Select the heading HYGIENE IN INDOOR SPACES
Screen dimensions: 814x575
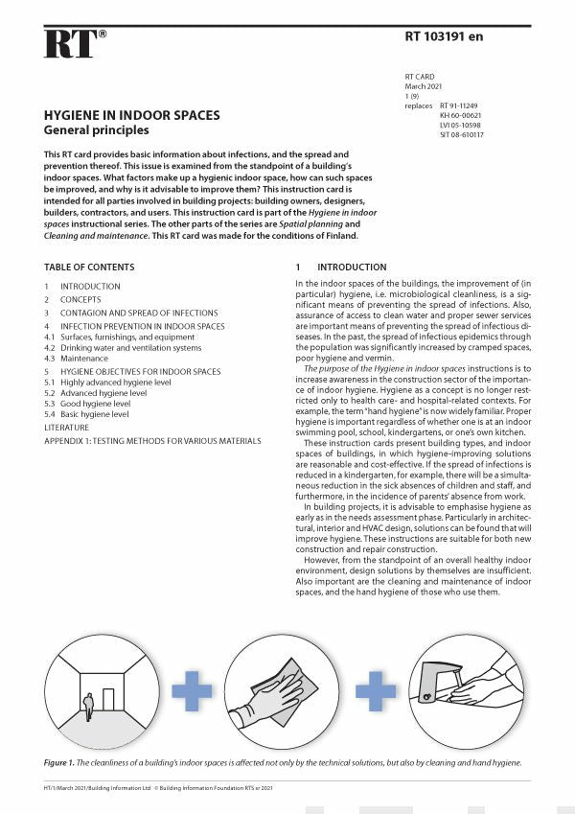131,115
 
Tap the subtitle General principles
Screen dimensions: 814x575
96,130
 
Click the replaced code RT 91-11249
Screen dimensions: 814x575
461,105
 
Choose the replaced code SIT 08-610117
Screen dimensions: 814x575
462,134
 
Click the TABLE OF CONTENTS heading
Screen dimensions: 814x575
89,267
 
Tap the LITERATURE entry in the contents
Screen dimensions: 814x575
66,427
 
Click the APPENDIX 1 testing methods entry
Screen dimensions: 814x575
152,440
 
